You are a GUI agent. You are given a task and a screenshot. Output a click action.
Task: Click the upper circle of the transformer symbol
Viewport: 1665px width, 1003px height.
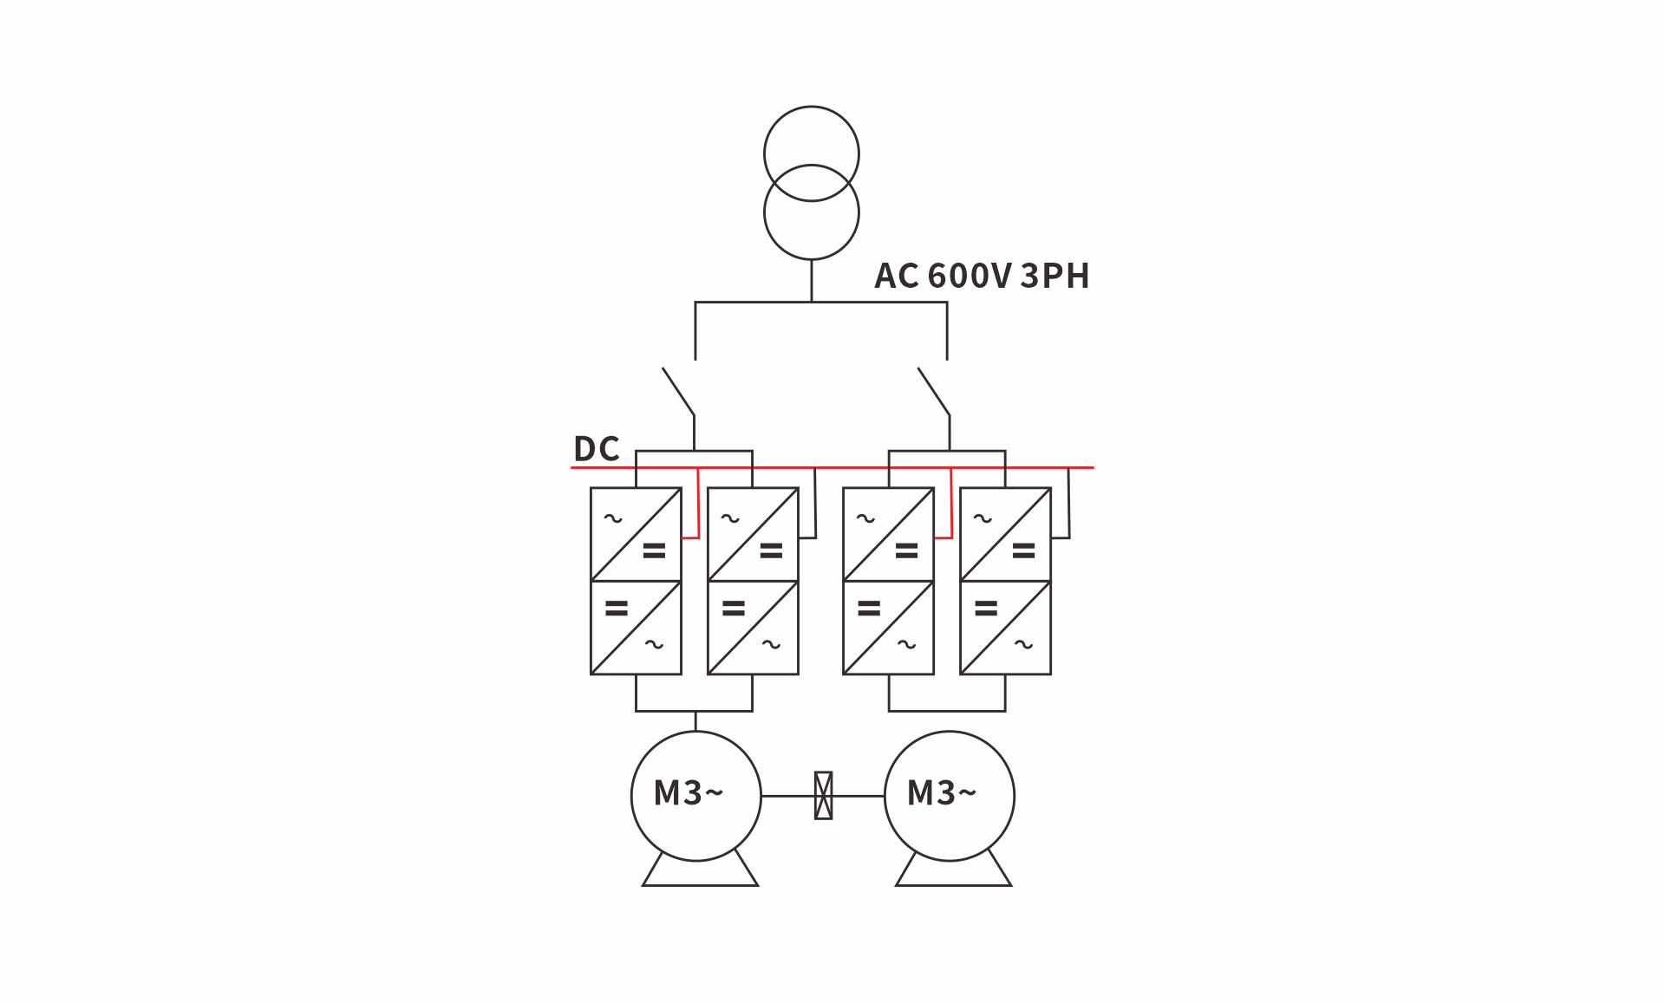812,107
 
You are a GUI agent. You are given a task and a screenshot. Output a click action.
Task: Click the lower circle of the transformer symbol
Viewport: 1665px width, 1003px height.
812,258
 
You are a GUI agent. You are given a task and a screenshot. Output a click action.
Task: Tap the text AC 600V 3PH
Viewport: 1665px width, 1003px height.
982,276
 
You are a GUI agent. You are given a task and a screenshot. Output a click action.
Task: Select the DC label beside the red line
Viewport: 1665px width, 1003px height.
597,448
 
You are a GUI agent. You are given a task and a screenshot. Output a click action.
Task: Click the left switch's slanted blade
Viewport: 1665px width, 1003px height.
678,391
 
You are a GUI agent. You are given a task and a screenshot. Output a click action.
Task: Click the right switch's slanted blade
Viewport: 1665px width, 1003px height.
934,391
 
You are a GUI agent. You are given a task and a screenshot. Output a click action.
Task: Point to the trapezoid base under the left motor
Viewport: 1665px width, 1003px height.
701,885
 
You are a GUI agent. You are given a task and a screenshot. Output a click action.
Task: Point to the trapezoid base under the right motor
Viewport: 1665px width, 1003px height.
954,885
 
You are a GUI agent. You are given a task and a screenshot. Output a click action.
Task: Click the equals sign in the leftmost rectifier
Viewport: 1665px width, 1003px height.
654,550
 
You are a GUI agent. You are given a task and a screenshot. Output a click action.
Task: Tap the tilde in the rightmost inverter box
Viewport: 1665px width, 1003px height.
1024,644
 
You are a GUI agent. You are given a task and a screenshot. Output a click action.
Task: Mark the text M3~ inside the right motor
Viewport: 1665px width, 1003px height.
942,793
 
